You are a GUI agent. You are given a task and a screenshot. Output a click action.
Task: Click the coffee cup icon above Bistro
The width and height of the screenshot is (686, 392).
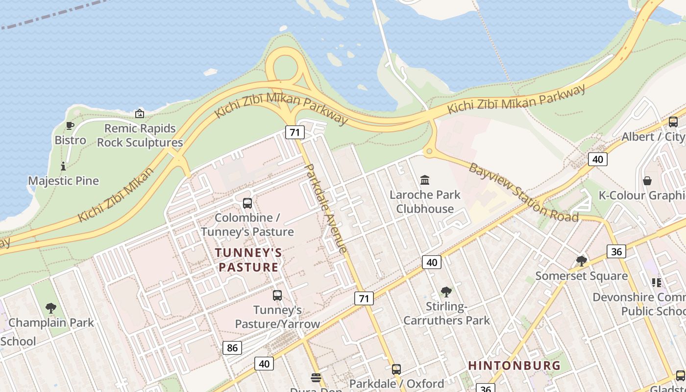click(70, 125)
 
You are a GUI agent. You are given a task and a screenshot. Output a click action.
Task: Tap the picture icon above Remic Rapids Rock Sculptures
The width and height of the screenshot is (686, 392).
click(140, 114)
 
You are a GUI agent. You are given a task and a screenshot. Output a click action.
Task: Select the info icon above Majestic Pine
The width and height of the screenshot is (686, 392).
click(63, 167)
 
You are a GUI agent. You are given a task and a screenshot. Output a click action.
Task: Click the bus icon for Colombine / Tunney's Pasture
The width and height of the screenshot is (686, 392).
click(247, 203)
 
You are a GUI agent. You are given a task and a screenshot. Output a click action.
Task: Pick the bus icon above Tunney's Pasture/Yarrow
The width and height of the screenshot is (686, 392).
click(277, 295)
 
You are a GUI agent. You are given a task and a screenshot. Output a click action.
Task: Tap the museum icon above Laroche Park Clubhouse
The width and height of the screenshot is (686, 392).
click(425, 180)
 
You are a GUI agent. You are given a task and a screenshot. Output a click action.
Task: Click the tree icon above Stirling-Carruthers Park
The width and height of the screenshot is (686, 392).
click(446, 292)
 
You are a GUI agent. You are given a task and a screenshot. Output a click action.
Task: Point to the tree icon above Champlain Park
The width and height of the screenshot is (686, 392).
click(50, 308)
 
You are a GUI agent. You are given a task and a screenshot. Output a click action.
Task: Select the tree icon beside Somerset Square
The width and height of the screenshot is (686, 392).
click(582, 261)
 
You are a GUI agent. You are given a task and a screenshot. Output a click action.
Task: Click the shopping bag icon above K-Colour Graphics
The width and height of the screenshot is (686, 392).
click(647, 181)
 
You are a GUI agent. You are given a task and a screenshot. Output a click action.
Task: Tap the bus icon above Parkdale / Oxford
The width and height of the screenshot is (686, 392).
click(396, 369)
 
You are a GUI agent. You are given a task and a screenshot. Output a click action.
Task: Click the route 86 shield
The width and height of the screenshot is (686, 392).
click(232, 348)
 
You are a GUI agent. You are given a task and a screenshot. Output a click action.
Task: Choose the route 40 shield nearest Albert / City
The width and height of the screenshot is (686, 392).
click(597, 159)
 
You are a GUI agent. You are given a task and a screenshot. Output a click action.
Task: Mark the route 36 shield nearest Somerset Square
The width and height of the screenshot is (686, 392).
click(616, 252)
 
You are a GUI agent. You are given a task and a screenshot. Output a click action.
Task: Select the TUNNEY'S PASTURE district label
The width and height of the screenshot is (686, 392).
click(248, 260)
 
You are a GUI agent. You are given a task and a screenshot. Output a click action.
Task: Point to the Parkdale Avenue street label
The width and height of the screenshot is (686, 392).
click(326, 208)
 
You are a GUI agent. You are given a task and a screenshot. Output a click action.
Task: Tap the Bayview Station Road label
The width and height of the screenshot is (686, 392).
click(523, 193)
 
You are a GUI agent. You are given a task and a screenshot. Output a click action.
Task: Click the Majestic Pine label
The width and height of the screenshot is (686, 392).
click(64, 181)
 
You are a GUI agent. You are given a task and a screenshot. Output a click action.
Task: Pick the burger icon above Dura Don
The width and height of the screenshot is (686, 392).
click(316, 378)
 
